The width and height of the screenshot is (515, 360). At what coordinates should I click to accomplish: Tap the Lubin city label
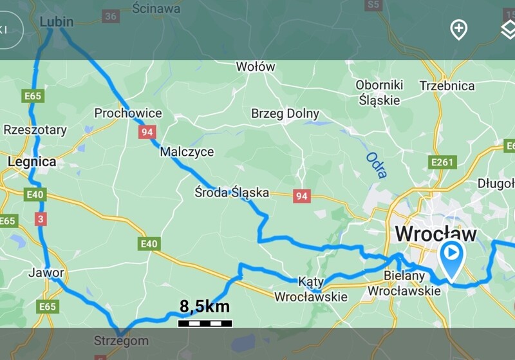(57, 23)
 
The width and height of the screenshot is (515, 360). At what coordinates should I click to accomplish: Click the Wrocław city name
(436, 233)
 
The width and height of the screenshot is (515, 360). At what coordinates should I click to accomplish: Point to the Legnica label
(32, 162)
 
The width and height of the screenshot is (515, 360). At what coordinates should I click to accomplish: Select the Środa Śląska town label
(231, 193)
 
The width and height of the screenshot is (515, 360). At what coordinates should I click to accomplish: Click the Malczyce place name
(187, 152)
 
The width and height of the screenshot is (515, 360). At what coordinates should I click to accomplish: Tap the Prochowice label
(128, 113)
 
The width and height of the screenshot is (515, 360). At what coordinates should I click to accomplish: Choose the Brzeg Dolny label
(285, 114)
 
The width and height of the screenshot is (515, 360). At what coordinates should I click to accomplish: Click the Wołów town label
(256, 67)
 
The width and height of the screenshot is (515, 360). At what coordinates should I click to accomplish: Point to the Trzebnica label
(447, 86)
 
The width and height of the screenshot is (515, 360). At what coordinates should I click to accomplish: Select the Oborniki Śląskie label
(379, 93)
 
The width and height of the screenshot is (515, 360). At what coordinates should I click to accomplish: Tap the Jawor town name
(46, 272)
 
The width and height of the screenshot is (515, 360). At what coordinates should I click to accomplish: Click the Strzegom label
(121, 341)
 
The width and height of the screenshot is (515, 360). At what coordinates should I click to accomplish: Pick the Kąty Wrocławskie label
(311, 289)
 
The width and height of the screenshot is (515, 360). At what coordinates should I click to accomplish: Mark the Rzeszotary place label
(35, 130)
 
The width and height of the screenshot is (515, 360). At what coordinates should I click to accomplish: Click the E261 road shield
(444, 162)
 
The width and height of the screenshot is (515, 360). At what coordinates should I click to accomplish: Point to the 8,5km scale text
(204, 307)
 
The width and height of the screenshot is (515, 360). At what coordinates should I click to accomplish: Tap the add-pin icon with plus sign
(458, 29)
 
